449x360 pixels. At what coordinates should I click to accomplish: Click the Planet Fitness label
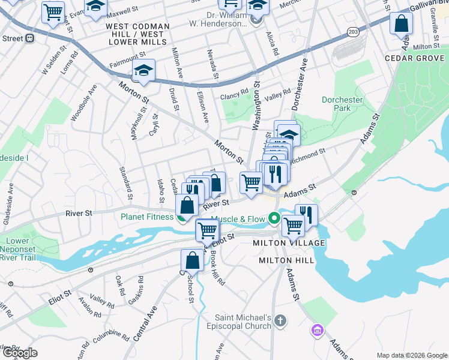(x=147, y=217)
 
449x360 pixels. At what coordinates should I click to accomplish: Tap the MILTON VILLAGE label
(x=289, y=243)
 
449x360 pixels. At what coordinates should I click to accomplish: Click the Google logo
(x=19, y=353)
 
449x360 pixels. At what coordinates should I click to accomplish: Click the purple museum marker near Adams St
(x=317, y=330)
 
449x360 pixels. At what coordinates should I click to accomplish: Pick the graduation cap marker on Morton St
(x=143, y=71)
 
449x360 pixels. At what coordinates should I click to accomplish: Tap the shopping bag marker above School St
(x=192, y=260)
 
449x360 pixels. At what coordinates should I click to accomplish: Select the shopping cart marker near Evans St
(x=53, y=11)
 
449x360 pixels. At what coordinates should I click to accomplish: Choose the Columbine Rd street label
(x=111, y=335)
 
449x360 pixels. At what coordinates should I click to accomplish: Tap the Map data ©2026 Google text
(x=411, y=355)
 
